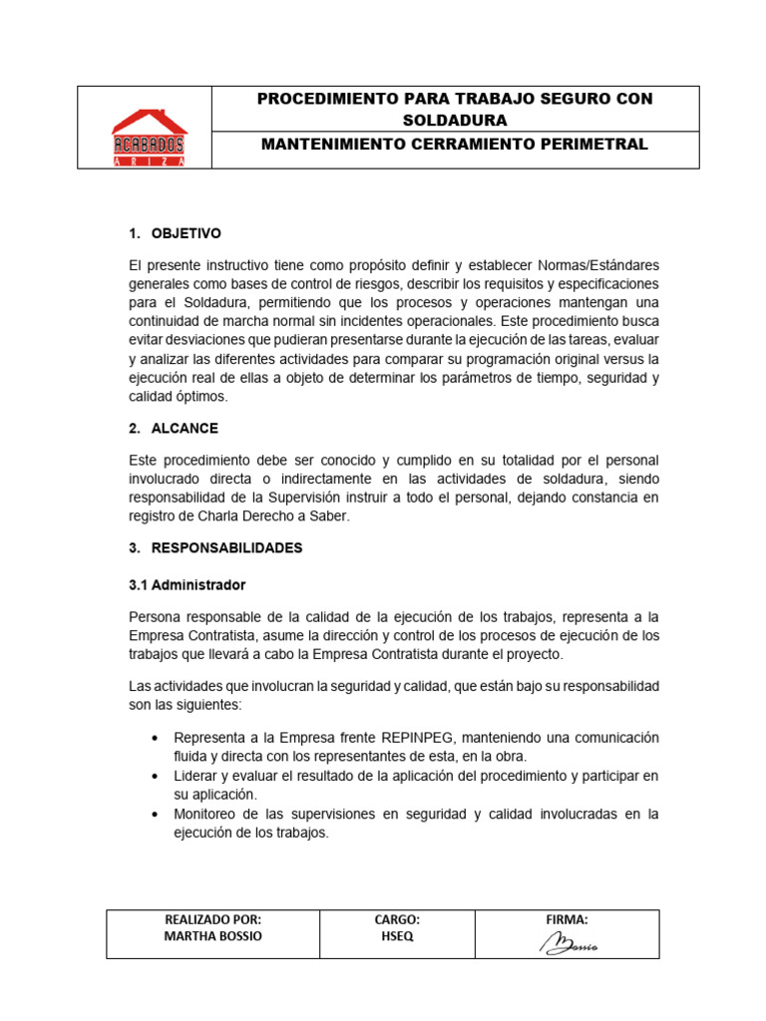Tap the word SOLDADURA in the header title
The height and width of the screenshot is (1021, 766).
click(x=455, y=120)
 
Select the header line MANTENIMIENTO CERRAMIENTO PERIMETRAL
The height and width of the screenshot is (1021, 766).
click(x=454, y=145)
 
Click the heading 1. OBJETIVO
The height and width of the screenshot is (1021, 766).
click(x=175, y=233)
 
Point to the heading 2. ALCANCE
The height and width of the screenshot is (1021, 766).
click(x=174, y=428)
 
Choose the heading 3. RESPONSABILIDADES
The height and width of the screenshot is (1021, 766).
click(x=215, y=548)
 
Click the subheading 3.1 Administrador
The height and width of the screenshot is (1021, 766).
click(x=188, y=584)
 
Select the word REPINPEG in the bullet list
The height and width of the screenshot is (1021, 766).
click(x=420, y=737)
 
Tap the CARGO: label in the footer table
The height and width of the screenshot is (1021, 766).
click(x=396, y=919)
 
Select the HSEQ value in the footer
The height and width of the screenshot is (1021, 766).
click(x=396, y=937)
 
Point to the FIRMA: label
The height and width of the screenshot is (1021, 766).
click(x=567, y=919)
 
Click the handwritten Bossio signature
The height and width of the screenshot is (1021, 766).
click(x=569, y=944)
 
